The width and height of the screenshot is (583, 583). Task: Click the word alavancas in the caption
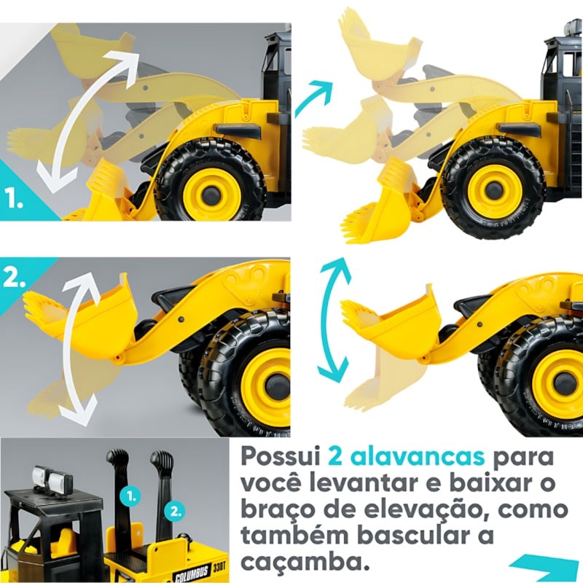(x=407, y=457)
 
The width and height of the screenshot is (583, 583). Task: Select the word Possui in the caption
(x=281, y=457)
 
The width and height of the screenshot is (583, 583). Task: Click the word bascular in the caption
(x=420, y=536)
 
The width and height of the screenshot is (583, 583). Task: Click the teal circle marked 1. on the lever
(x=130, y=496)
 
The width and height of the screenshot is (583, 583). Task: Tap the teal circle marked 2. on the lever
(x=174, y=512)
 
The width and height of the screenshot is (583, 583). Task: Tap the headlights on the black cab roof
(x=50, y=476)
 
